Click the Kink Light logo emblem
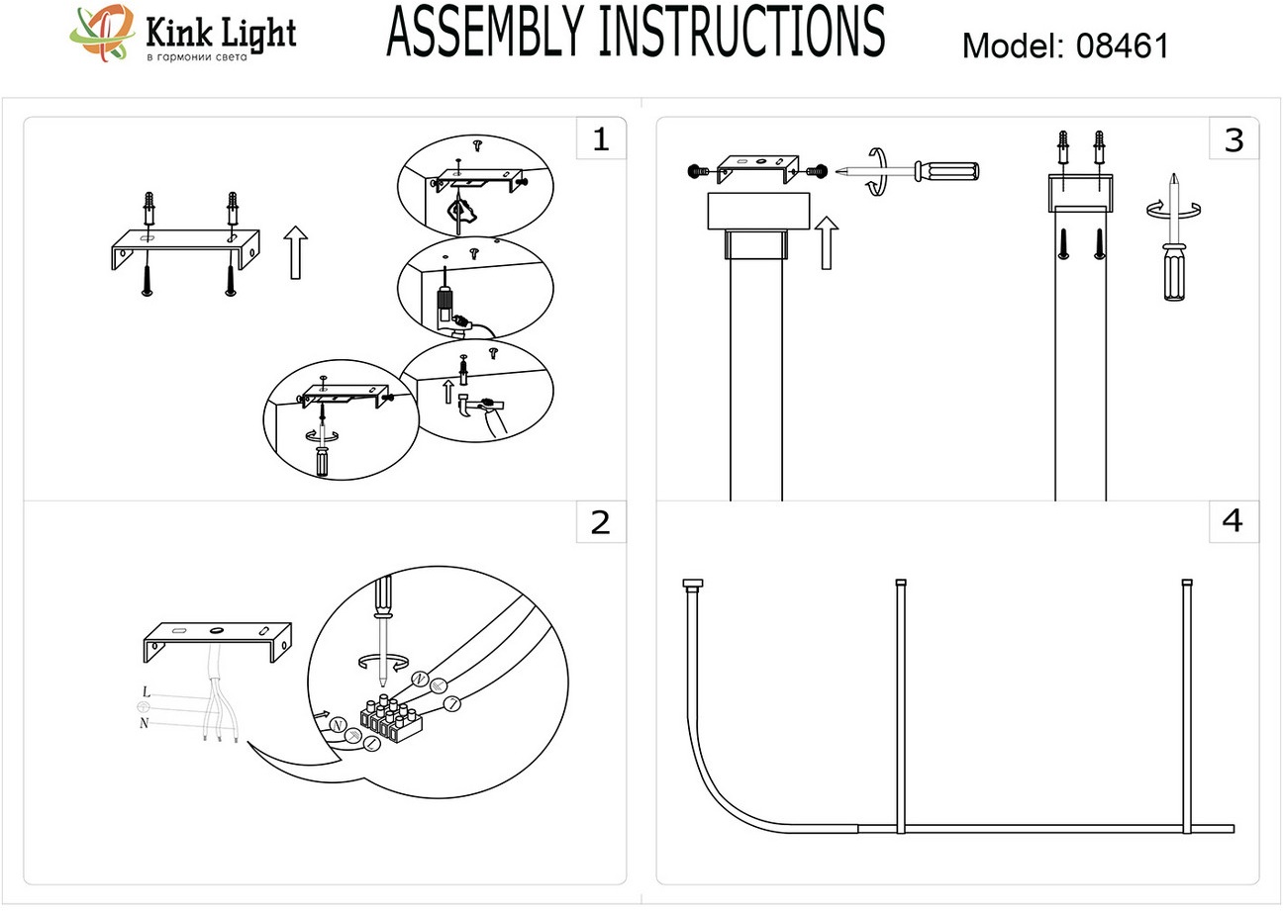click(x=102, y=34)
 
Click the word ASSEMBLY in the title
click(x=488, y=32)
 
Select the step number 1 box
click(x=600, y=139)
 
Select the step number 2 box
click(x=600, y=521)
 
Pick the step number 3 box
click(x=1233, y=139)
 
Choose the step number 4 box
click(x=1233, y=520)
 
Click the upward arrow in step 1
click(x=294, y=251)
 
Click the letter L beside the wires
click(x=147, y=691)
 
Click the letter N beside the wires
click(x=146, y=723)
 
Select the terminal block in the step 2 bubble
click(x=392, y=720)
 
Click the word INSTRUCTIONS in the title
click(x=742, y=32)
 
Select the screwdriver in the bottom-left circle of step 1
click(x=322, y=456)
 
